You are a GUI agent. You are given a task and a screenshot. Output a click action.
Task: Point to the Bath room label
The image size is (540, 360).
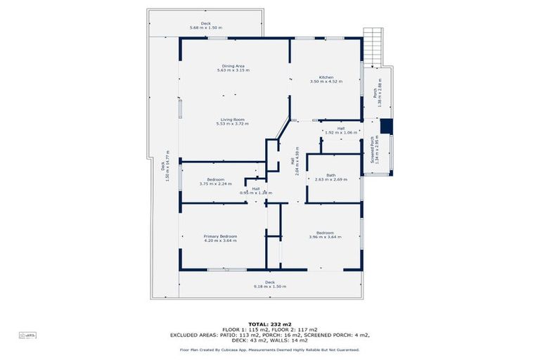click(x=330, y=176)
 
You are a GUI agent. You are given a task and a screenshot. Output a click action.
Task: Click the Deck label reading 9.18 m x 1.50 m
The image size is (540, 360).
click(x=270, y=284)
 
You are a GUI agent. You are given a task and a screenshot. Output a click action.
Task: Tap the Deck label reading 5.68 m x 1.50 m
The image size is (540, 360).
click(x=205, y=25)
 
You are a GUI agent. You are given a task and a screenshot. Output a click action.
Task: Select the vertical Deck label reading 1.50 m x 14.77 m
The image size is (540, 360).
click(x=165, y=166)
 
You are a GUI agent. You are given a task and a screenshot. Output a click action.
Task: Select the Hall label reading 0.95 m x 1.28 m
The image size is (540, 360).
click(x=256, y=191)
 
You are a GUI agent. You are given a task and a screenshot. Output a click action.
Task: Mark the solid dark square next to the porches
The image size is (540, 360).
click(x=385, y=127)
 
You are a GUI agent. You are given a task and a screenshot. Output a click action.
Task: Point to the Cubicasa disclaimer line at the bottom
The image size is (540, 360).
click(x=270, y=349)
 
